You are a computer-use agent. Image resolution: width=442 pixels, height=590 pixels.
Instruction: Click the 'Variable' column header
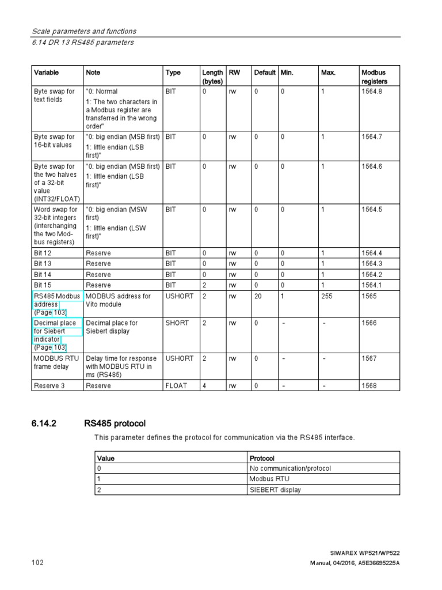46,73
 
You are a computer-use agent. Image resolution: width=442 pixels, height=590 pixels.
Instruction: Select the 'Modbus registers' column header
374,77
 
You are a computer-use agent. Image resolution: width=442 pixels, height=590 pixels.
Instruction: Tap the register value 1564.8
372,91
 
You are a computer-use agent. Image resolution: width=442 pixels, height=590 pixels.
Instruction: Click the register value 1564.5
372,210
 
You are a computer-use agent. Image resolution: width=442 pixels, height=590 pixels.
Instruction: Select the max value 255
327,296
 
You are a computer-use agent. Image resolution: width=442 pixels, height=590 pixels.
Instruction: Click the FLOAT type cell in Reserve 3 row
176,385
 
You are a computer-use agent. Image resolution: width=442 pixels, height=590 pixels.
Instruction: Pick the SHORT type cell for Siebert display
177,323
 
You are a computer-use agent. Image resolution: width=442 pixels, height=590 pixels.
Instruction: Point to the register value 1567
369,358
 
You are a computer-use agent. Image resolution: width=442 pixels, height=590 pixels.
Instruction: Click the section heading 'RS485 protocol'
115,423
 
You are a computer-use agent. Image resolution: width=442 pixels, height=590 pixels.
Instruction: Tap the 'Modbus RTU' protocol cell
268,479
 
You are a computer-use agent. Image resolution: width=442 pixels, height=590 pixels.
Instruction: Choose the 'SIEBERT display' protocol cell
275,490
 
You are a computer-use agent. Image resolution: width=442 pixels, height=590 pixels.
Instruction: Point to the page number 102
37,562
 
